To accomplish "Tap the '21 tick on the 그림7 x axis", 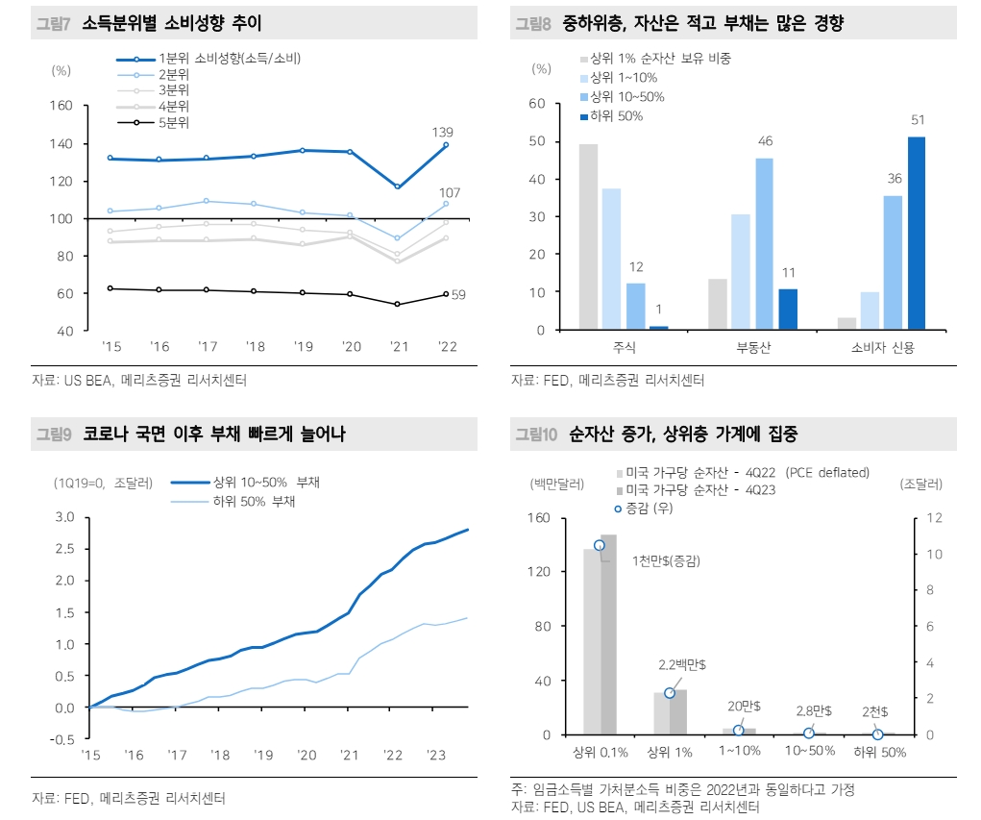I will (397, 347).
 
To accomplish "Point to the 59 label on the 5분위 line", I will (458, 295).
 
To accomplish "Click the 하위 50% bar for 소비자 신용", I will (916, 234).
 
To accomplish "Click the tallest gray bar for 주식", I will (588, 236).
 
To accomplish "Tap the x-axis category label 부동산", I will (753, 348).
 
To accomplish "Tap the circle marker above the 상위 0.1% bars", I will (599, 545).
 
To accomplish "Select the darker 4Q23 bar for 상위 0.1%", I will (608, 634).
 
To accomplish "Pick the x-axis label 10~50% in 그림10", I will (808, 753).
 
